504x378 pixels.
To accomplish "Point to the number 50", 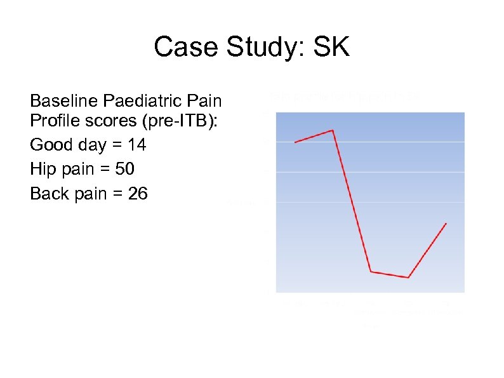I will tap(124, 169).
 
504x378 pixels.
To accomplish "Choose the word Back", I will tap(48, 193).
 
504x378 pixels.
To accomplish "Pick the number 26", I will tap(138, 193).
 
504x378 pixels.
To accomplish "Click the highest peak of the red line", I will tap(333, 130).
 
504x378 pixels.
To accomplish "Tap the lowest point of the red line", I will tap(408, 278).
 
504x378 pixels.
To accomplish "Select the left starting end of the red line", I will tap(295, 142).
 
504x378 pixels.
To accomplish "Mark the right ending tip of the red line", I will tap(446, 224).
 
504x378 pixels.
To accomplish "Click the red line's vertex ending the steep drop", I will tap(371, 272).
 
